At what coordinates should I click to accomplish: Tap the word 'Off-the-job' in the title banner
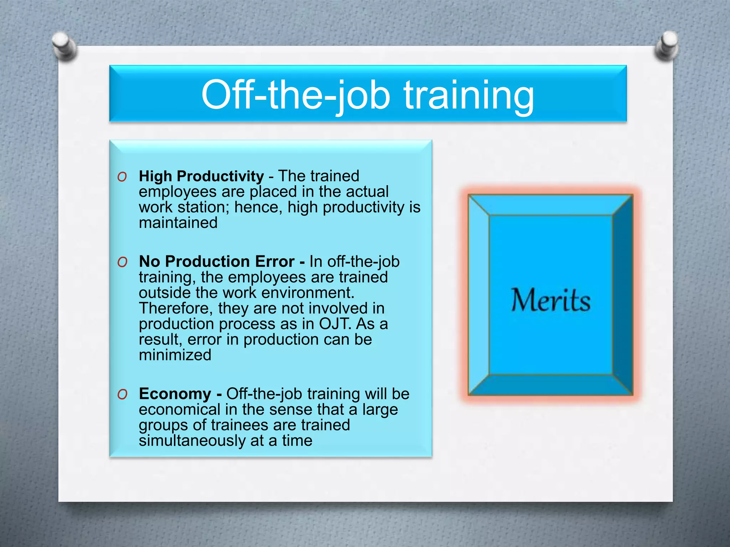click(295, 95)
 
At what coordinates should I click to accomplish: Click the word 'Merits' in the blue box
click(551, 300)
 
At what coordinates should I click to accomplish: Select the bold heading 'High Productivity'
click(201, 176)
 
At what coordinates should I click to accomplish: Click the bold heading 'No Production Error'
click(216, 261)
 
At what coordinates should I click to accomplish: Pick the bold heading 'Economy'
click(175, 394)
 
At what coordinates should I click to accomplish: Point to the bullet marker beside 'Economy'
click(122, 394)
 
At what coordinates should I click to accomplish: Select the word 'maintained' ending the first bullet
click(178, 223)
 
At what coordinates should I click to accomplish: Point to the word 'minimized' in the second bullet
click(175, 355)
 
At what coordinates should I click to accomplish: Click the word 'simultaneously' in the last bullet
click(192, 441)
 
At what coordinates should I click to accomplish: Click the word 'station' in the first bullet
click(203, 207)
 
